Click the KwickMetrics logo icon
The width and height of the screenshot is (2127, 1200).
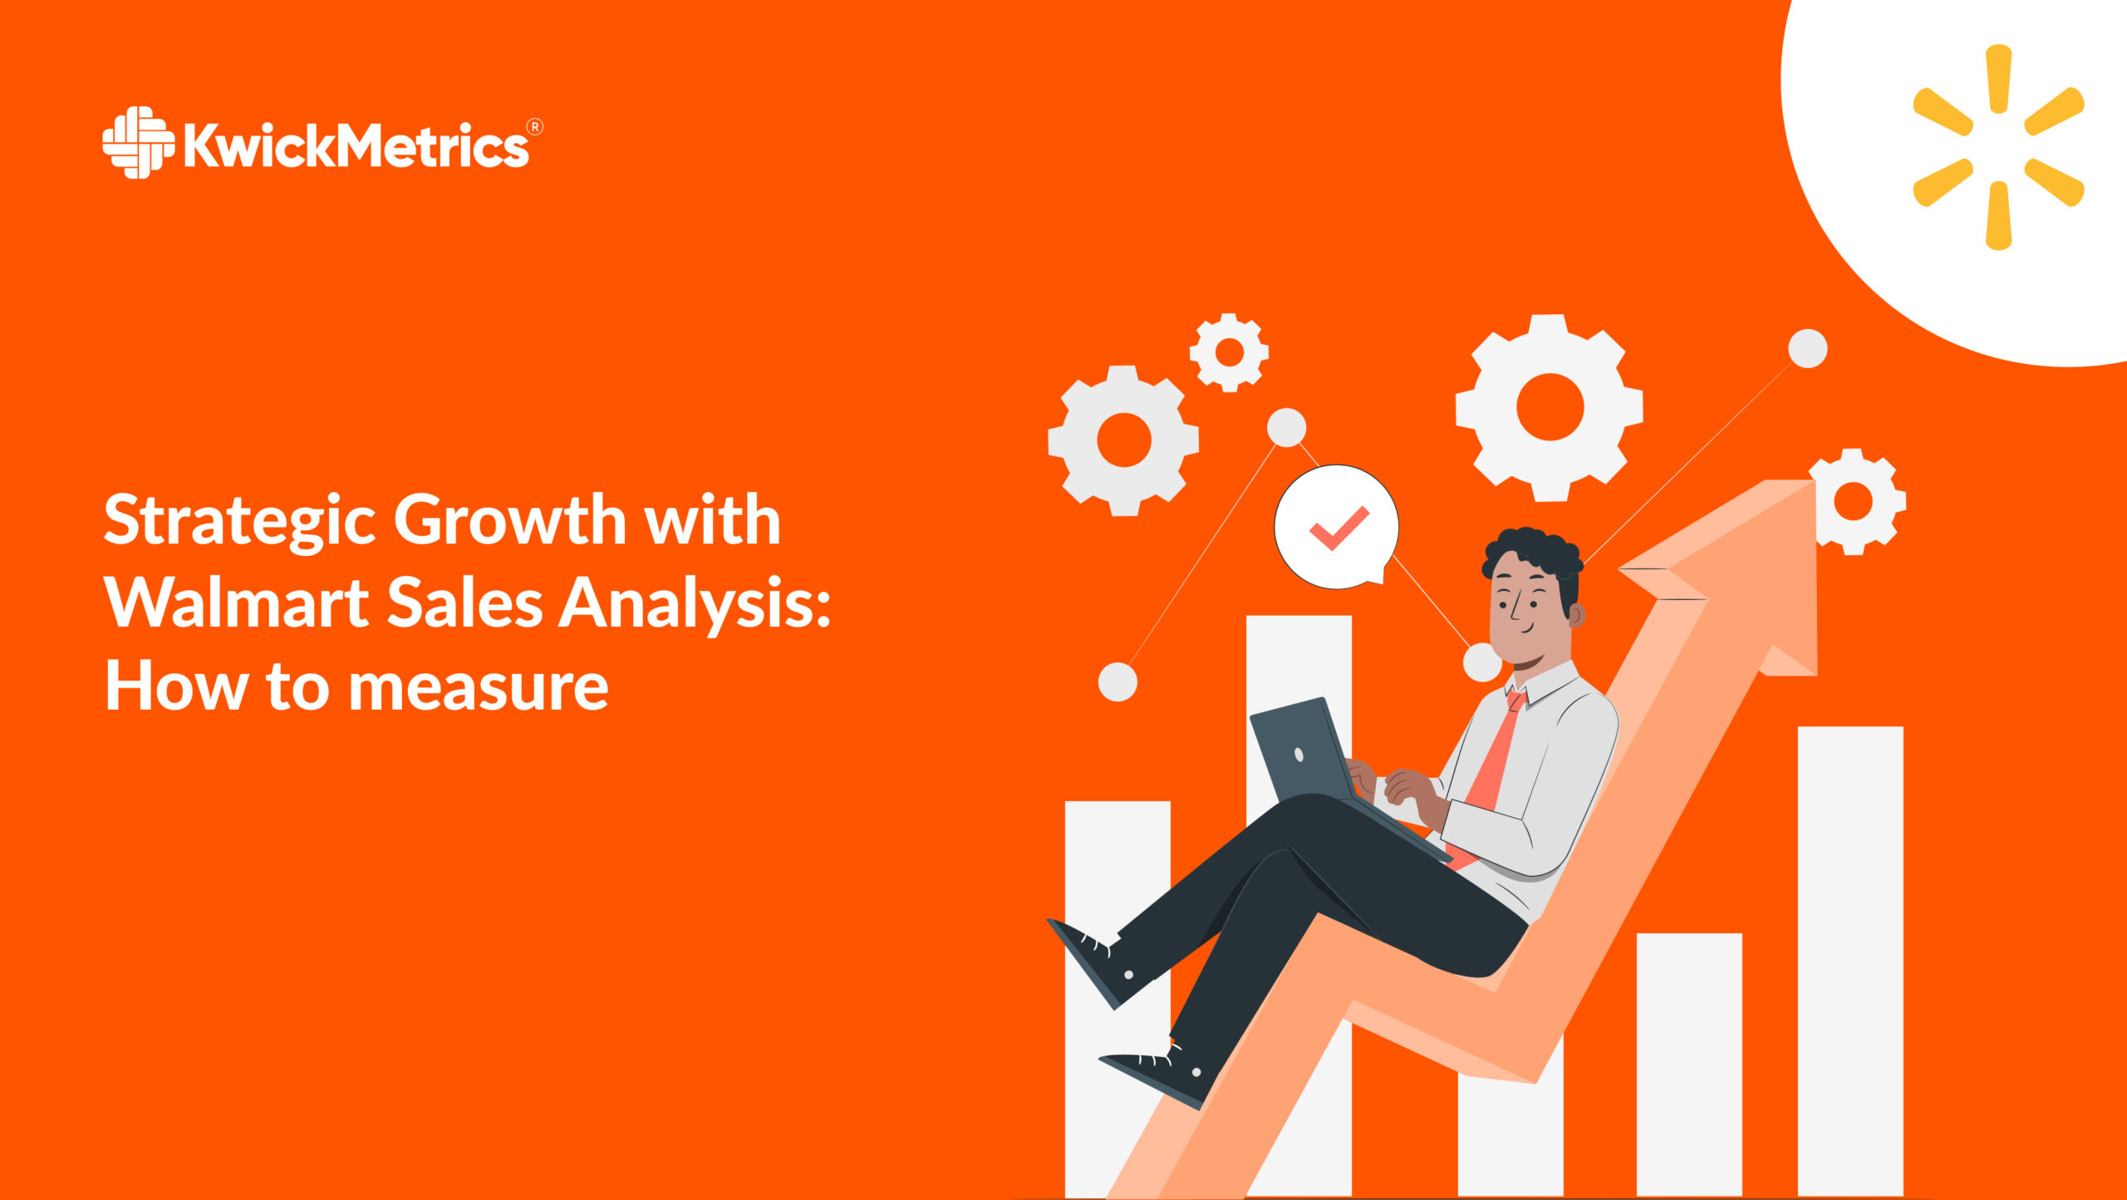[x=137, y=142]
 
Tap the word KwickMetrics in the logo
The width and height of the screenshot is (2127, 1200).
[x=356, y=146]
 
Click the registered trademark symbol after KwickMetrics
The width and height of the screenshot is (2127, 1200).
[x=535, y=127]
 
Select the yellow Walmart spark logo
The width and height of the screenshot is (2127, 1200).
[x=1998, y=147]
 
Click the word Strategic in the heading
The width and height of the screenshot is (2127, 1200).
[x=240, y=521]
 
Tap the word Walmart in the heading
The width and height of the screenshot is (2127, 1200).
[x=236, y=602]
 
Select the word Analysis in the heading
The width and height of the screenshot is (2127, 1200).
[x=694, y=604]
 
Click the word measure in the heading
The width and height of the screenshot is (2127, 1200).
[x=479, y=687]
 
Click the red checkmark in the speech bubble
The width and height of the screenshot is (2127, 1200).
[x=1339, y=528]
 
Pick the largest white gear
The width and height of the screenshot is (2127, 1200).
[x=1549, y=407]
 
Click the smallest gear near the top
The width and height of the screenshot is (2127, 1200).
[x=1229, y=352]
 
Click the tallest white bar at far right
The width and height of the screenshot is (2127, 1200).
[x=1849, y=956]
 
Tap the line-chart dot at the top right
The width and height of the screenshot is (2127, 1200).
[x=1807, y=348]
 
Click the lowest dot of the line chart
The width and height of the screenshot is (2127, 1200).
[x=1118, y=681]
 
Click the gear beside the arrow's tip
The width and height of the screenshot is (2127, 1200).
[x=1854, y=502]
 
